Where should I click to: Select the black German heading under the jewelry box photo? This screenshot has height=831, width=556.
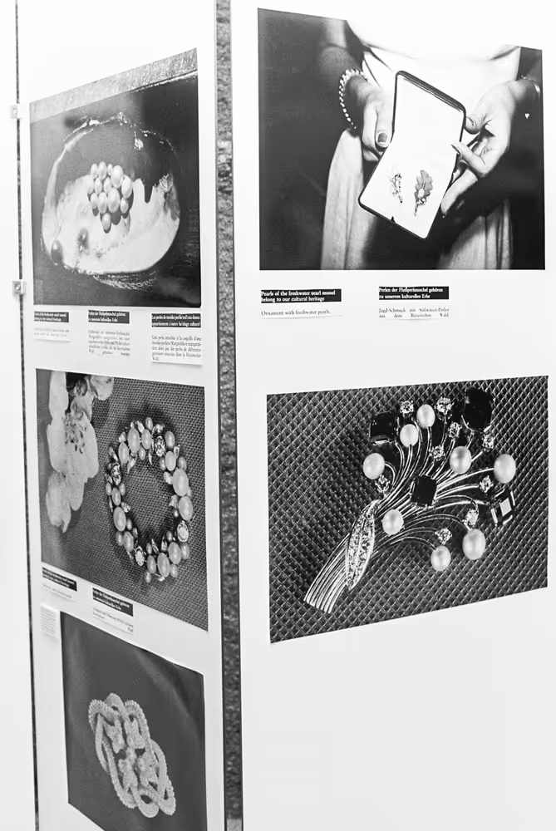[413, 293]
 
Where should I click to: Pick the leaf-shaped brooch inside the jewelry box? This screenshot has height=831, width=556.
[422, 189]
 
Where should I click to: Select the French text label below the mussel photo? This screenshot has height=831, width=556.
[176, 337]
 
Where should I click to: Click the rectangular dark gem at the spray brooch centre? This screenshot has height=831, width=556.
[423, 489]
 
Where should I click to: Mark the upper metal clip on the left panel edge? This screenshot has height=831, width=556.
[14, 111]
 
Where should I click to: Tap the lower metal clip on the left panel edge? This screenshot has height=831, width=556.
[17, 287]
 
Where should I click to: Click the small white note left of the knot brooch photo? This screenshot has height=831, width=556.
[50, 621]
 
